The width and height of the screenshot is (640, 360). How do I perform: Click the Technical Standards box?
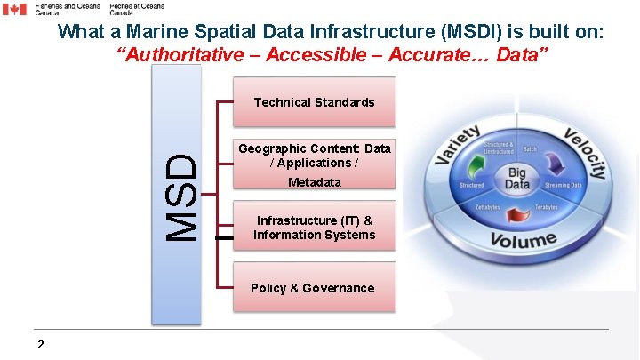click(x=314, y=102)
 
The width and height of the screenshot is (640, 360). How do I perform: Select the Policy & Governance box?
click(x=313, y=288)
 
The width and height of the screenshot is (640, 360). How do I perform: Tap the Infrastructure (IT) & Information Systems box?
click(x=314, y=228)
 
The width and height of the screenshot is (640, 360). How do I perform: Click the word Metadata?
click(x=314, y=182)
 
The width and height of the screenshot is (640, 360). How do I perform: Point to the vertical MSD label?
click(x=183, y=197)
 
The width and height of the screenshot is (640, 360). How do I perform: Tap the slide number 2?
click(x=41, y=345)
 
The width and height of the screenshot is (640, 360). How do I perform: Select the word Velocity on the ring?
click(x=585, y=152)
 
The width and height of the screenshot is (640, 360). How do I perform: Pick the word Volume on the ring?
click(x=523, y=239)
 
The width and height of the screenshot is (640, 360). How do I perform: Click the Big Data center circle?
click(x=516, y=178)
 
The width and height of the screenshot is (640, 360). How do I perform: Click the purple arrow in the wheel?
click(x=556, y=164)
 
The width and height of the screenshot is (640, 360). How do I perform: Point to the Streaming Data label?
click(x=563, y=185)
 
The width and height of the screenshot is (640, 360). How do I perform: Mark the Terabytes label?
click(x=547, y=207)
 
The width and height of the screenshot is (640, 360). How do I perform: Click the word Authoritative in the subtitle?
click(x=179, y=55)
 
